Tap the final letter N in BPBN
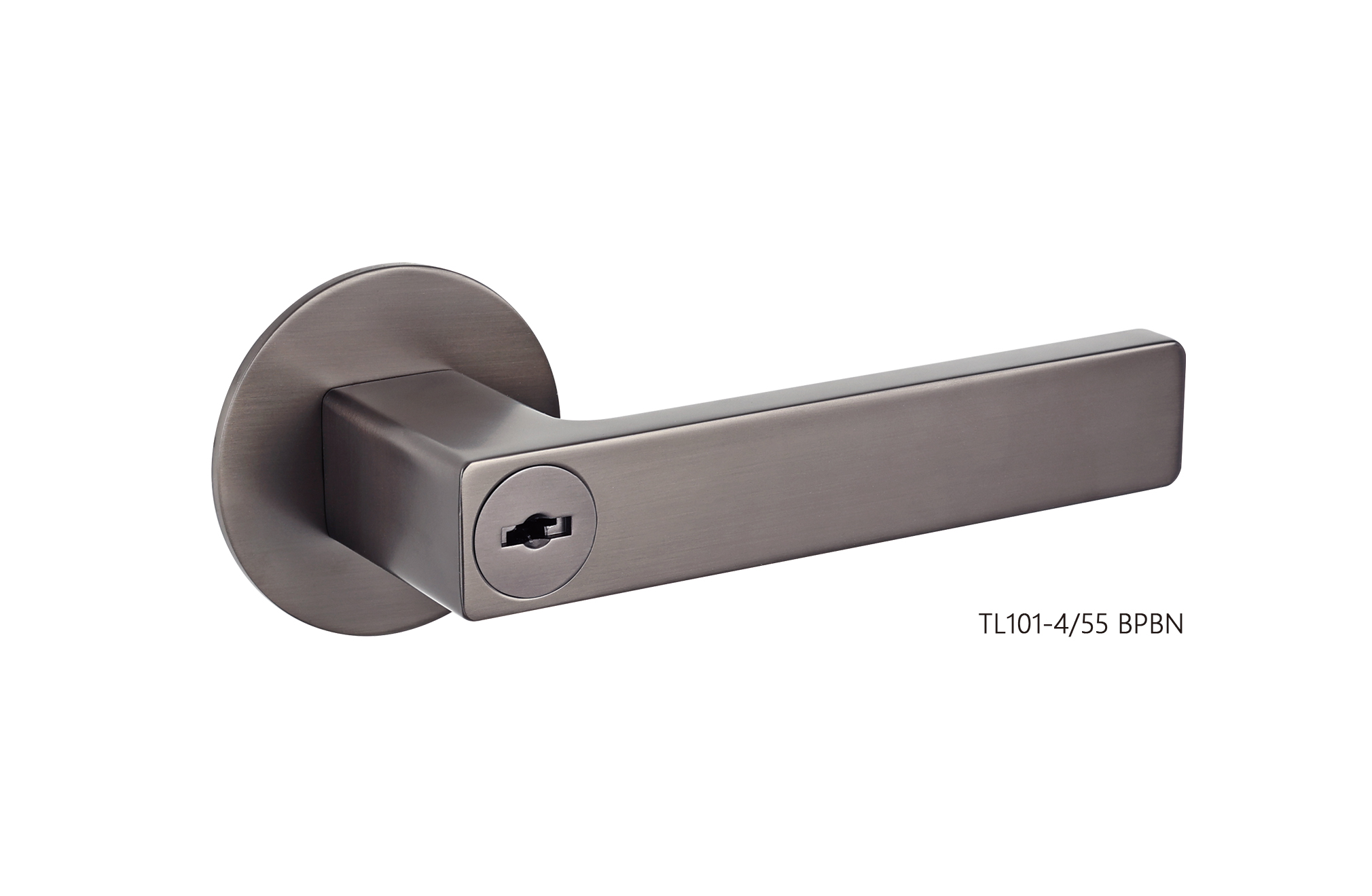[x=1175, y=624]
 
